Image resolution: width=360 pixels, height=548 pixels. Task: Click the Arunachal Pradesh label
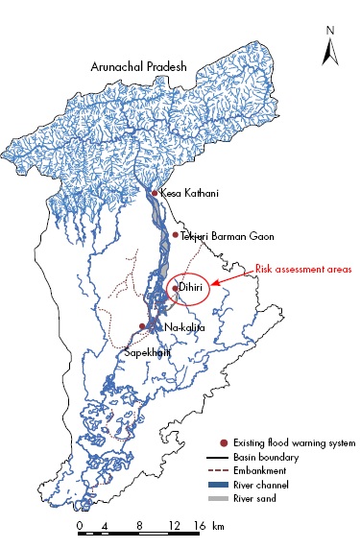tap(139, 67)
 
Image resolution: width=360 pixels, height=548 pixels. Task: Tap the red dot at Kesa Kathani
tap(155, 194)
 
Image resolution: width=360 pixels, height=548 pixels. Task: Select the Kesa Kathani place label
tap(185, 194)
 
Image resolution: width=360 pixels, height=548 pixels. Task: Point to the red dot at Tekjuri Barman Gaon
tap(175, 235)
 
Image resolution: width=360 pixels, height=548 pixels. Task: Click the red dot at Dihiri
tap(175, 286)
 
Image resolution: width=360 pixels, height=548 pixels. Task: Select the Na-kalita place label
tap(184, 327)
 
